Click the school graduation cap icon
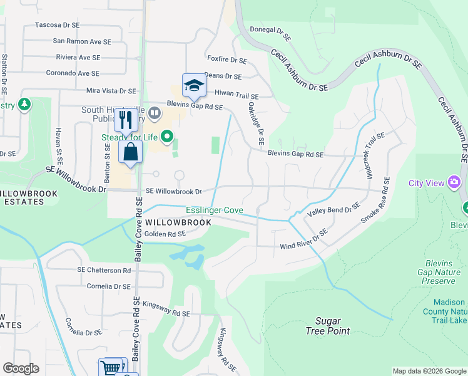194,86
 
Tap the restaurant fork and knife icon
126,120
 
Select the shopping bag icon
130,152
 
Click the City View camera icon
454,182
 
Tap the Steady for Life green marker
166,135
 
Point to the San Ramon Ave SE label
82,41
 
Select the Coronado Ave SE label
73,73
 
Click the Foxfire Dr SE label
227,61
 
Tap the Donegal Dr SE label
270,33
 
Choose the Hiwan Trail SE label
237,93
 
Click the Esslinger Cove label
214,211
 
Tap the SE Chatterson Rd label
104,270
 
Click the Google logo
21,368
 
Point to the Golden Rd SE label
165,234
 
